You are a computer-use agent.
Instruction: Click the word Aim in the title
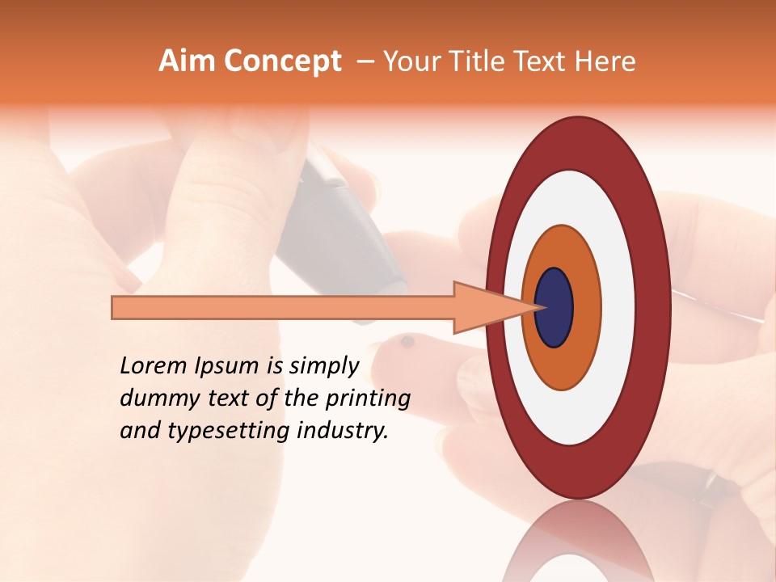(188, 61)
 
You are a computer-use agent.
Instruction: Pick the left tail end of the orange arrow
(116, 308)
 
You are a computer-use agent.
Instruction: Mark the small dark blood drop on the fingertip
(407, 342)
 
